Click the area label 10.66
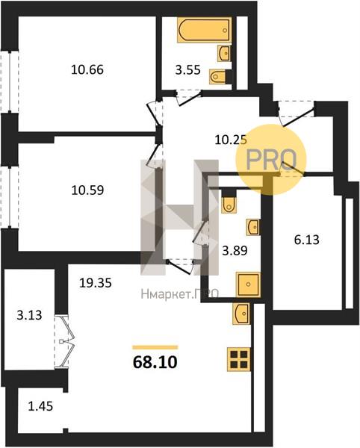tap(87, 69)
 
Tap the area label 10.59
tap(87, 190)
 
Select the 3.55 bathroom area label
tap(188, 69)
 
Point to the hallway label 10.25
tap(231, 140)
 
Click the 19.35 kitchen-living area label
tap(96, 283)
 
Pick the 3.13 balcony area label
tap(29, 315)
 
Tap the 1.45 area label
tap(40, 406)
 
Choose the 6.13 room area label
tap(306, 240)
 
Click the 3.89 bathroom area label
tap(235, 251)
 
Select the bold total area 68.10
tap(155, 362)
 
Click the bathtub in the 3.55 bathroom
tap(205, 30)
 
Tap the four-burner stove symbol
tap(239, 359)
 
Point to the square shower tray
tap(248, 284)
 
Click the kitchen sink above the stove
tap(241, 314)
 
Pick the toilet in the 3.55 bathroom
tap(217, 77)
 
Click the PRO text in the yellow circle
tap(271, 160)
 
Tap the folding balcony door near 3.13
tap(64, 341)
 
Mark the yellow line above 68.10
tap(155, 347)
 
